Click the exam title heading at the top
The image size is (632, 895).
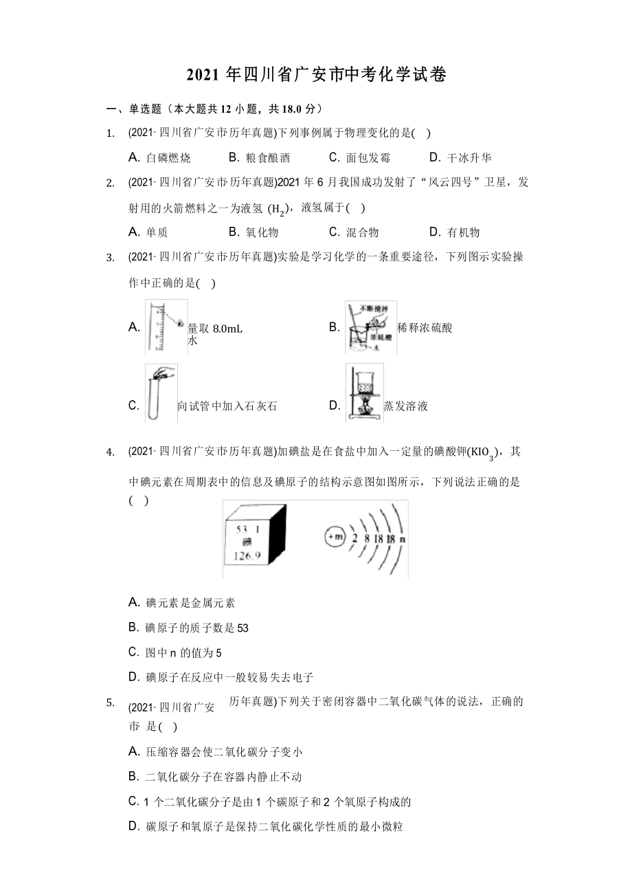click(316, 76)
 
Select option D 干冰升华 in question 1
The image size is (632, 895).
click(460, 157)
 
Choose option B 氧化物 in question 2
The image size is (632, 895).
click(253, 232)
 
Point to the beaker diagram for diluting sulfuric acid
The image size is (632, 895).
click(370, 327)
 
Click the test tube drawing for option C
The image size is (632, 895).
click(161, 393)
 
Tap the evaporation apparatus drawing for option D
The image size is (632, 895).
click(364, 393)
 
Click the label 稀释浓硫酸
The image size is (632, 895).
click(425, 328)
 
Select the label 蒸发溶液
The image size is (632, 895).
click(405, 406)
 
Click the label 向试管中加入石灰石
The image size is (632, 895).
click(227, 406)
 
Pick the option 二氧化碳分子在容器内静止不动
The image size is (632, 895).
click(215, 777)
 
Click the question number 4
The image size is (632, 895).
click(109, 452)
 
